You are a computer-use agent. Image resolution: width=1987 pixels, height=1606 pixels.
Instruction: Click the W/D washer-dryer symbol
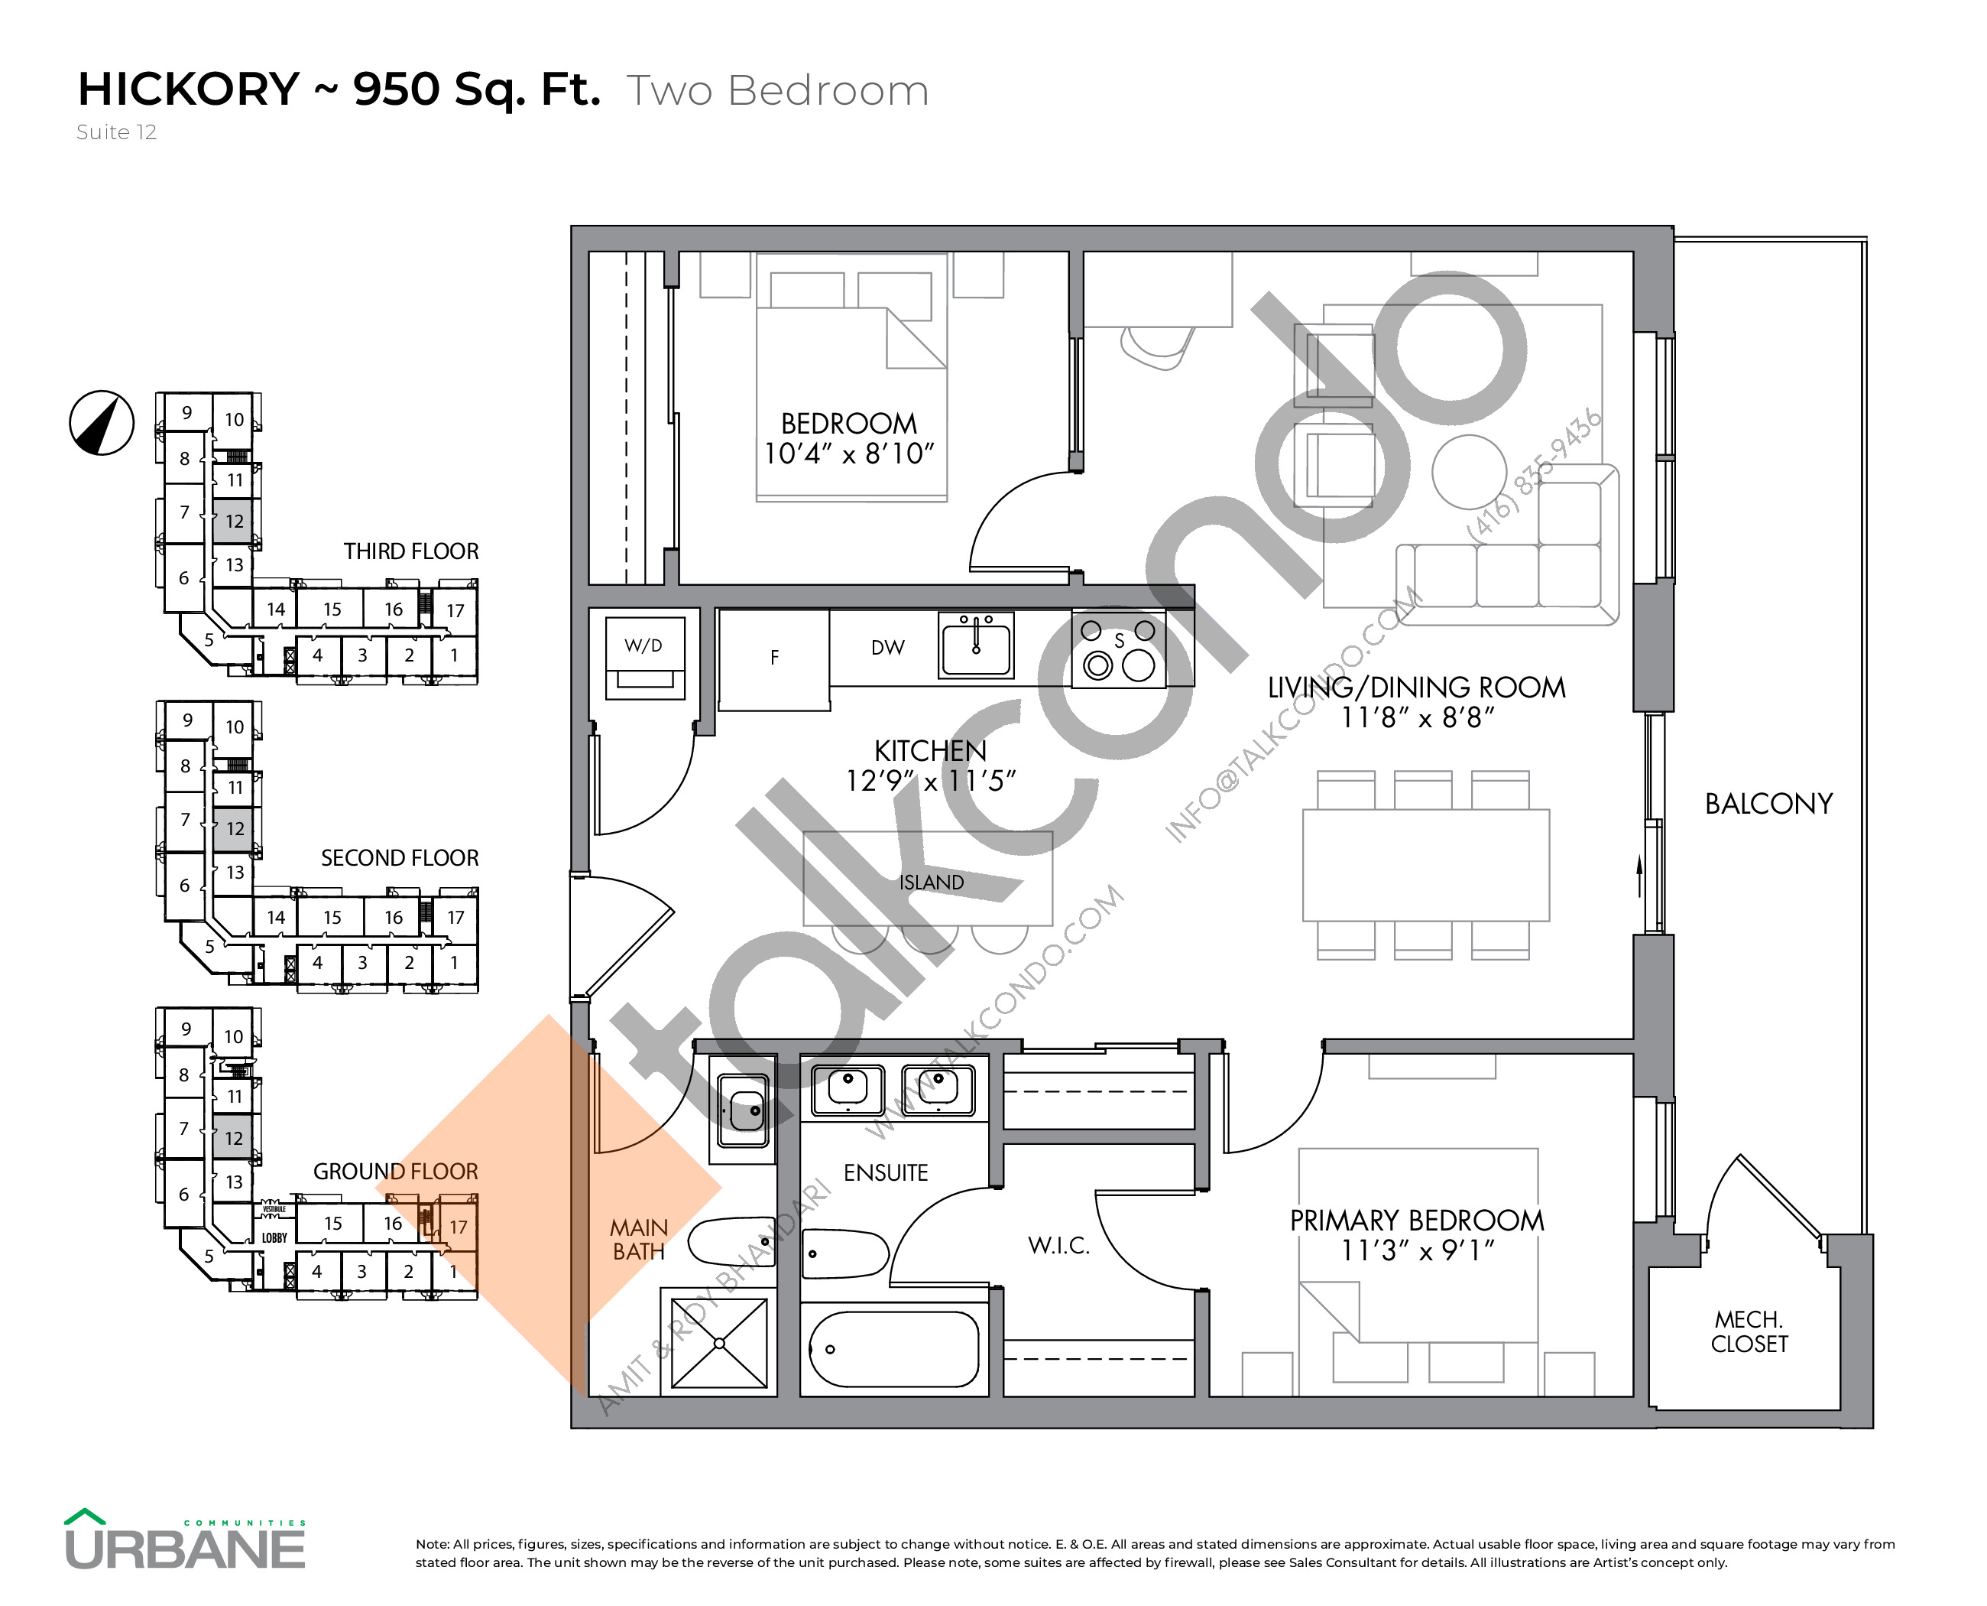tap(644, 654)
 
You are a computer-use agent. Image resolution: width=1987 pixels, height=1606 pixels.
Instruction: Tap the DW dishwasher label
tap(887, 648)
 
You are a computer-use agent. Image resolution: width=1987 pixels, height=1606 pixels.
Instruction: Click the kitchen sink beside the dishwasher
tap(975, 645)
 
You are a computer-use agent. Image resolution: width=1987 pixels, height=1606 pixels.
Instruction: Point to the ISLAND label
tap(931, 883)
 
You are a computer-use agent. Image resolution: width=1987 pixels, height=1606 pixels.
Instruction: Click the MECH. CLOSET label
tap(1749, 1331)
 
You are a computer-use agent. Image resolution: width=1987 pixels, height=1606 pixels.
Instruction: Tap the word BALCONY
tap(1768, 804)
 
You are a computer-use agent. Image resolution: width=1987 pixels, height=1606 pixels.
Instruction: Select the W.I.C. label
tap(1058, 1245)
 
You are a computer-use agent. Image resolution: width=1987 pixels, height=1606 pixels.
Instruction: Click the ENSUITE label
tap(885, 1172)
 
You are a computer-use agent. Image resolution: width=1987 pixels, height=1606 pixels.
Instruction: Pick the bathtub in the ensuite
tap(893, 1350)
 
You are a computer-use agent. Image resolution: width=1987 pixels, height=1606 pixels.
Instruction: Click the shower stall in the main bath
tap(718, 1342)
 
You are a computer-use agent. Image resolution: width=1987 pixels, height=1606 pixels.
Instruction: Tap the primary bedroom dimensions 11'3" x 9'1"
tap(1417, 1250)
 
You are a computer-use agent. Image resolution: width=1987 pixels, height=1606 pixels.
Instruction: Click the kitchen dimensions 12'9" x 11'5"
tap(930, 782)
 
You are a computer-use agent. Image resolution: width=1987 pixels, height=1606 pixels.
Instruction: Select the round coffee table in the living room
tap(1468, 472)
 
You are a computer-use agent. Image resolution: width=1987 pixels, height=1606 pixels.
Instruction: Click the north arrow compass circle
tap(102, 423)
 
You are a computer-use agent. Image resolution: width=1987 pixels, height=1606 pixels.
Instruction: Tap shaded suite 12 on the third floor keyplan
tap(233, 521)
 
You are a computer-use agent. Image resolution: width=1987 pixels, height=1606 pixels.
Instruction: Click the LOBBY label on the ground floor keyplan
tap(274, 1238)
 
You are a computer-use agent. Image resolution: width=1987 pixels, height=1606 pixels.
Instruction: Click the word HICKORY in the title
tap(189, 89)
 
